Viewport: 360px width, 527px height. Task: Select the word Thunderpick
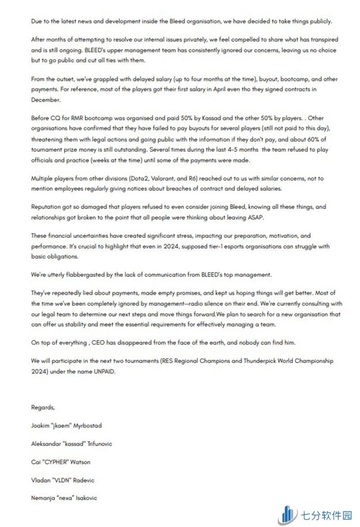(253, 362)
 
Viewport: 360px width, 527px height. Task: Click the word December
(45, 100)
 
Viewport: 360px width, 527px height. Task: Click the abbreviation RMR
(75, 118)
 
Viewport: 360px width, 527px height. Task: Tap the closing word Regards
(43, 407)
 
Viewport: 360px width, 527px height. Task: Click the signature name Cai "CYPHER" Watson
(60, 462)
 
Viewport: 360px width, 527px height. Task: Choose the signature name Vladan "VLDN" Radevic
(62, 480)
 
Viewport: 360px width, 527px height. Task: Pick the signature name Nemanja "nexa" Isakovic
(64, 498)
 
